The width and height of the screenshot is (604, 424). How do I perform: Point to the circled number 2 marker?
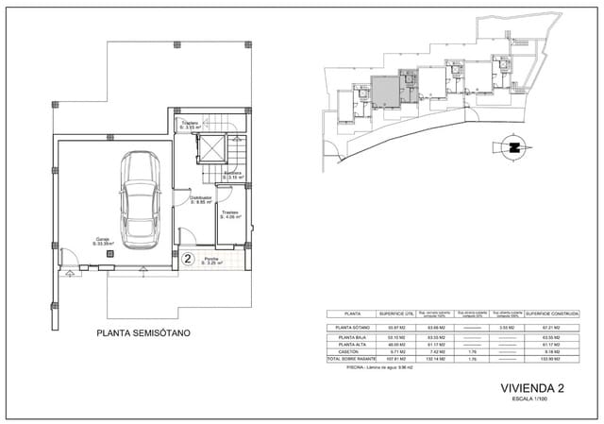tap(188, 257)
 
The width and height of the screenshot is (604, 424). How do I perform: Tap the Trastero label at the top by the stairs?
tap(191, 125)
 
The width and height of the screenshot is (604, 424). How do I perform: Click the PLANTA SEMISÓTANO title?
tap(146, 333)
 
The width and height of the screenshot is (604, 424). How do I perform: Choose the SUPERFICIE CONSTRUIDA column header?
tap(551, 314)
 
